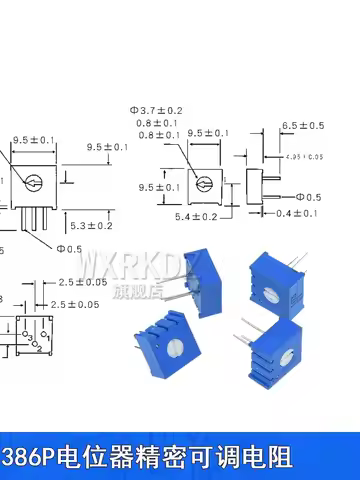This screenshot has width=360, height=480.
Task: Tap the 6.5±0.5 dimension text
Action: point(303,125)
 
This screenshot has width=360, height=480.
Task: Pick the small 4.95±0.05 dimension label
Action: point(304,157)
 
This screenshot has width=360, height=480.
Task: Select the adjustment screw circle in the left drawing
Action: point(32,184)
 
